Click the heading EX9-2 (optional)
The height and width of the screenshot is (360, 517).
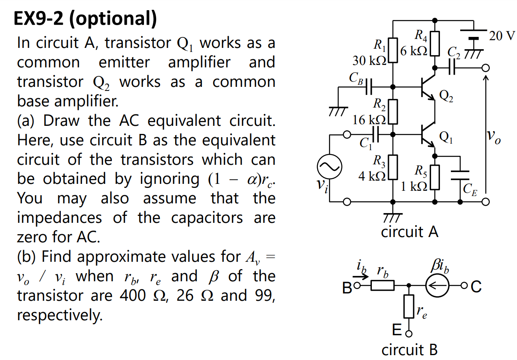pos(85,19)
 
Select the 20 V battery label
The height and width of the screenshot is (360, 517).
pos(502,36)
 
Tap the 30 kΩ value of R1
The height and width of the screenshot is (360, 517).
pos(369,61)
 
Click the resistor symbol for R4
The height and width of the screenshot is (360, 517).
pos(435,44)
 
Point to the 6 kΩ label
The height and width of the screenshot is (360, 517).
pos(414,51)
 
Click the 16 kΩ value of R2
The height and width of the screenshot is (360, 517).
pos(369,120)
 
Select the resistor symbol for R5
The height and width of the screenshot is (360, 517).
pos(435,177)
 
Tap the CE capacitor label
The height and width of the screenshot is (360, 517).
pos(470,188)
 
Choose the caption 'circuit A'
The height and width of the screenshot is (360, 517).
pos(410,232)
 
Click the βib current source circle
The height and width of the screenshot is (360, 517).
pos(437,287)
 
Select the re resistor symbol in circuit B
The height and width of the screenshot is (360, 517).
pos(409,306)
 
